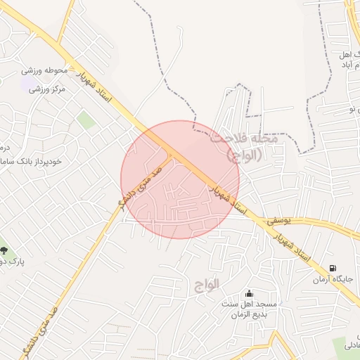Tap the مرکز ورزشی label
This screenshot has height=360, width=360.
point(48,89)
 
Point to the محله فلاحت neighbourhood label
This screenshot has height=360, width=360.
point(245,139)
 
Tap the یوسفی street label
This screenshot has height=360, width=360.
point(277,220)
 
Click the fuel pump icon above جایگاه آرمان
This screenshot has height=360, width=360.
point(332,268)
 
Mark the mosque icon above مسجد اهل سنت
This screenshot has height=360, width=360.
point(248,293)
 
